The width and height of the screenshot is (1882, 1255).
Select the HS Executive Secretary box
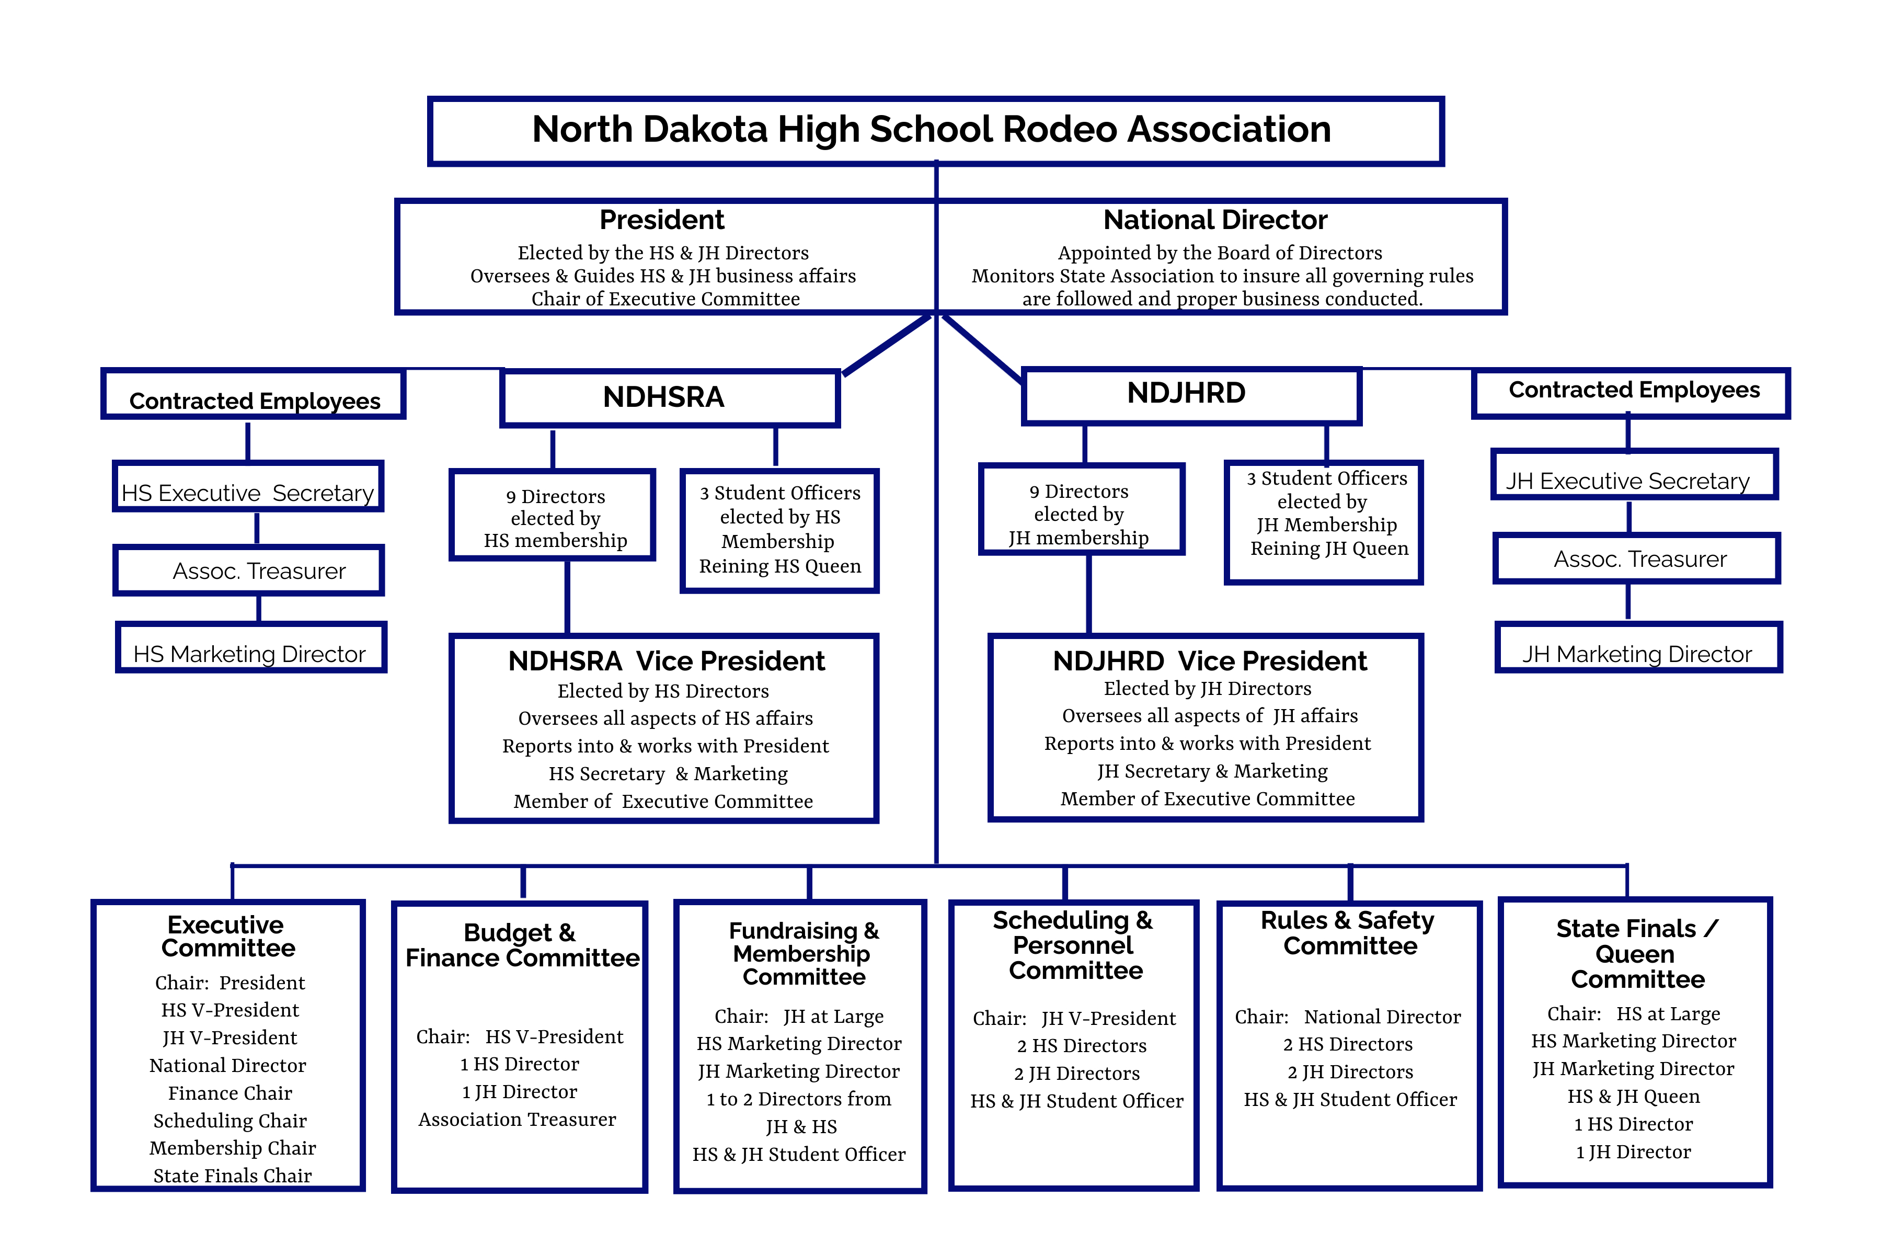tap(248, 487)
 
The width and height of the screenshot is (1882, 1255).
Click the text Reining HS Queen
tap(779, 567)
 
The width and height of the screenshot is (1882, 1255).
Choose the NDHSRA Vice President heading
tap(665, 661)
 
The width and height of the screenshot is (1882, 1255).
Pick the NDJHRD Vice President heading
tap(1209, 661)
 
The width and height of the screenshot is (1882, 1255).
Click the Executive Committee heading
tap(227, 937)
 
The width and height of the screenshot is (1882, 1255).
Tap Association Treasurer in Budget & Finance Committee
tap(517, 1119)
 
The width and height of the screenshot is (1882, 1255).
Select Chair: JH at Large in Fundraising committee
tap(799, 1017)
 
